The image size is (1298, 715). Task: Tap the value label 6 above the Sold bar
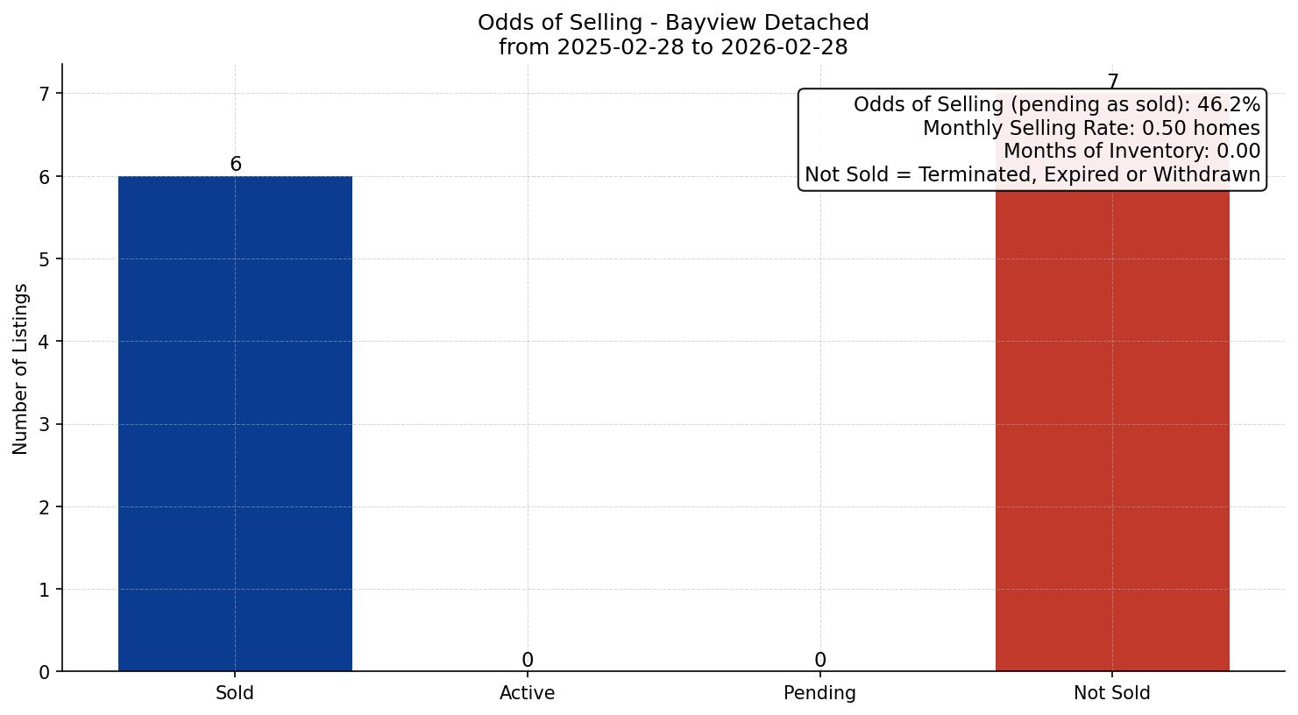(236, 165)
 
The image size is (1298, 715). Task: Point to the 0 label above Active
(528, 660)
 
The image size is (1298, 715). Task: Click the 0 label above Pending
(819, 660)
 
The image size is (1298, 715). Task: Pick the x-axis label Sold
(235, 693)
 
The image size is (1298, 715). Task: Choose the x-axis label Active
(528, 693)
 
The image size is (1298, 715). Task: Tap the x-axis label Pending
(819, 693)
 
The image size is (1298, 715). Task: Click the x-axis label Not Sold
(1112, 693)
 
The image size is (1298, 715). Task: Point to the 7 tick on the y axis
(45, 94)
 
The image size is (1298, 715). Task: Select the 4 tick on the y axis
(45, 342)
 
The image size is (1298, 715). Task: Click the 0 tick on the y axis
(45, 672)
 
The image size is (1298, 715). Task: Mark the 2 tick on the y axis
(45, 507)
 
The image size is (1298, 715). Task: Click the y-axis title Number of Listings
(21, 368)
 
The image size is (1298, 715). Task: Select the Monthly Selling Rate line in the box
(1091, 129)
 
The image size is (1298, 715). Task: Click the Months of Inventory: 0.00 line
(1131, 152)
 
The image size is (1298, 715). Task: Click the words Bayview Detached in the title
(767, 23)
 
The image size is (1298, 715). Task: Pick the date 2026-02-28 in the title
(784, 47)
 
